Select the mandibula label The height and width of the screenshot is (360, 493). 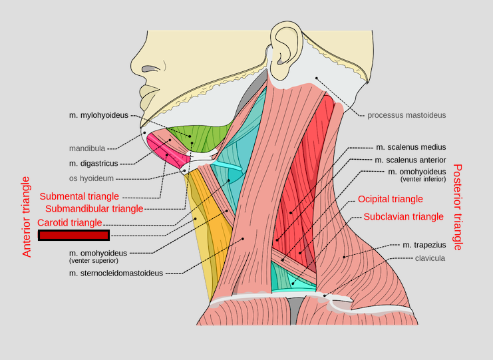coord(86,148)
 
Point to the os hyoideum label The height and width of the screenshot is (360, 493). coord(91,178)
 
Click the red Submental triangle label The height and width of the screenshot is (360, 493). coord(79,196)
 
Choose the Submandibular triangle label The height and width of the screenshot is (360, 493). coord(94,209)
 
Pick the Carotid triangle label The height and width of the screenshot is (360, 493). coord(70,222)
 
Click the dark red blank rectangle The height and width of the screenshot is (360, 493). coord(74,235)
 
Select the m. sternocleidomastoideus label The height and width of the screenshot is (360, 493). coord(116,273)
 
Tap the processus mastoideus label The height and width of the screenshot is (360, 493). coord(407,115)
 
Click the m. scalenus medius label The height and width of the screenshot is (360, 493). coord(411,147)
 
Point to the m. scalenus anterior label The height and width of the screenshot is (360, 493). coord(410,160)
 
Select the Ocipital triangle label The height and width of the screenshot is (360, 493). coord(390,199)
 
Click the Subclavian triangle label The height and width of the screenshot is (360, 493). coord(403,216)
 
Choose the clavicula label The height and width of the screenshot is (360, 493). coord(430,258)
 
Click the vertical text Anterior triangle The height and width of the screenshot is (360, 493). coord(27,217)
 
